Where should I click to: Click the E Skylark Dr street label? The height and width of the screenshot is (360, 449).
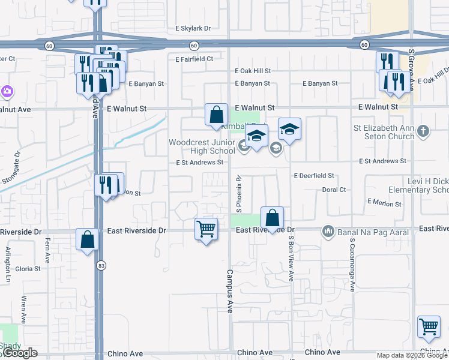pyautogui.click(x=193, y=28)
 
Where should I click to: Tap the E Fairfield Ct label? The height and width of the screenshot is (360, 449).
pyautogui.click(x=194, y=59)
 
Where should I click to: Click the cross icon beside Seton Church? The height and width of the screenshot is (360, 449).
pyautogui.click(x=423, y=131)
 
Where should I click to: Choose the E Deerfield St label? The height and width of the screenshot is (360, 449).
pyautogui.click(x=313, y=176)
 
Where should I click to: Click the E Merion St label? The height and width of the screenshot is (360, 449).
pyautogui.click(x=384, y=203)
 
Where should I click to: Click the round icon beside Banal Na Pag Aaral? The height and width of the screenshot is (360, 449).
pyautogui.click(x=328, y=231)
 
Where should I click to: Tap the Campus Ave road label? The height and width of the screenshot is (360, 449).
pyautogui.click(x=229, y=290)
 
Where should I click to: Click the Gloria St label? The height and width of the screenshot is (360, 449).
pyautogui.click(x=28, y=269)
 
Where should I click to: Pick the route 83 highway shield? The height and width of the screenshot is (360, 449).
pyautogui.click(x=99, y=265)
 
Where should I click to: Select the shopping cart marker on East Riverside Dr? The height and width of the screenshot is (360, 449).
pyautogui.click(x=206, y=229)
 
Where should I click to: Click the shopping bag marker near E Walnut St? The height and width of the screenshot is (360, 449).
pyautogui.click(x=216, y=115)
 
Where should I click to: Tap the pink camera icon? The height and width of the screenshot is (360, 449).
pyautogui.click(x=7, y=92)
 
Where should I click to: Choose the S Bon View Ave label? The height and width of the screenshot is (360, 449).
pyautogui.click(x=291, y=257)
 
